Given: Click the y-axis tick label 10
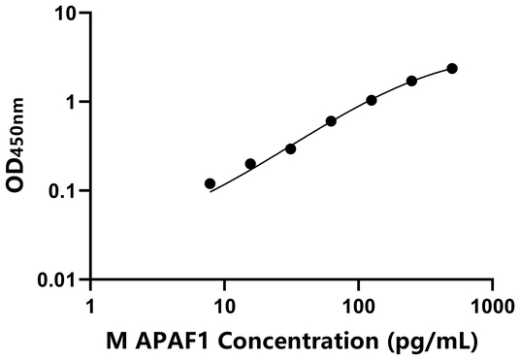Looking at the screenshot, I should pos(66,14).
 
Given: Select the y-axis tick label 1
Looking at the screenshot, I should pos(73,102).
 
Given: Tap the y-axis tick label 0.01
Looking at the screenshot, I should pos(58,280).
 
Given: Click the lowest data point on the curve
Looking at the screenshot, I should pos(210,183).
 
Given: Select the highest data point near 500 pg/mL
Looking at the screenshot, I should pos(452,68).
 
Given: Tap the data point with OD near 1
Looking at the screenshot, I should pos(372,100).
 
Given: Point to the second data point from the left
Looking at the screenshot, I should pos(250,164).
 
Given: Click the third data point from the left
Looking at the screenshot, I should pos(290,148).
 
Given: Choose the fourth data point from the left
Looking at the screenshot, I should pos(331,121).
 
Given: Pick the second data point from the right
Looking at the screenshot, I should pos(411,81).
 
